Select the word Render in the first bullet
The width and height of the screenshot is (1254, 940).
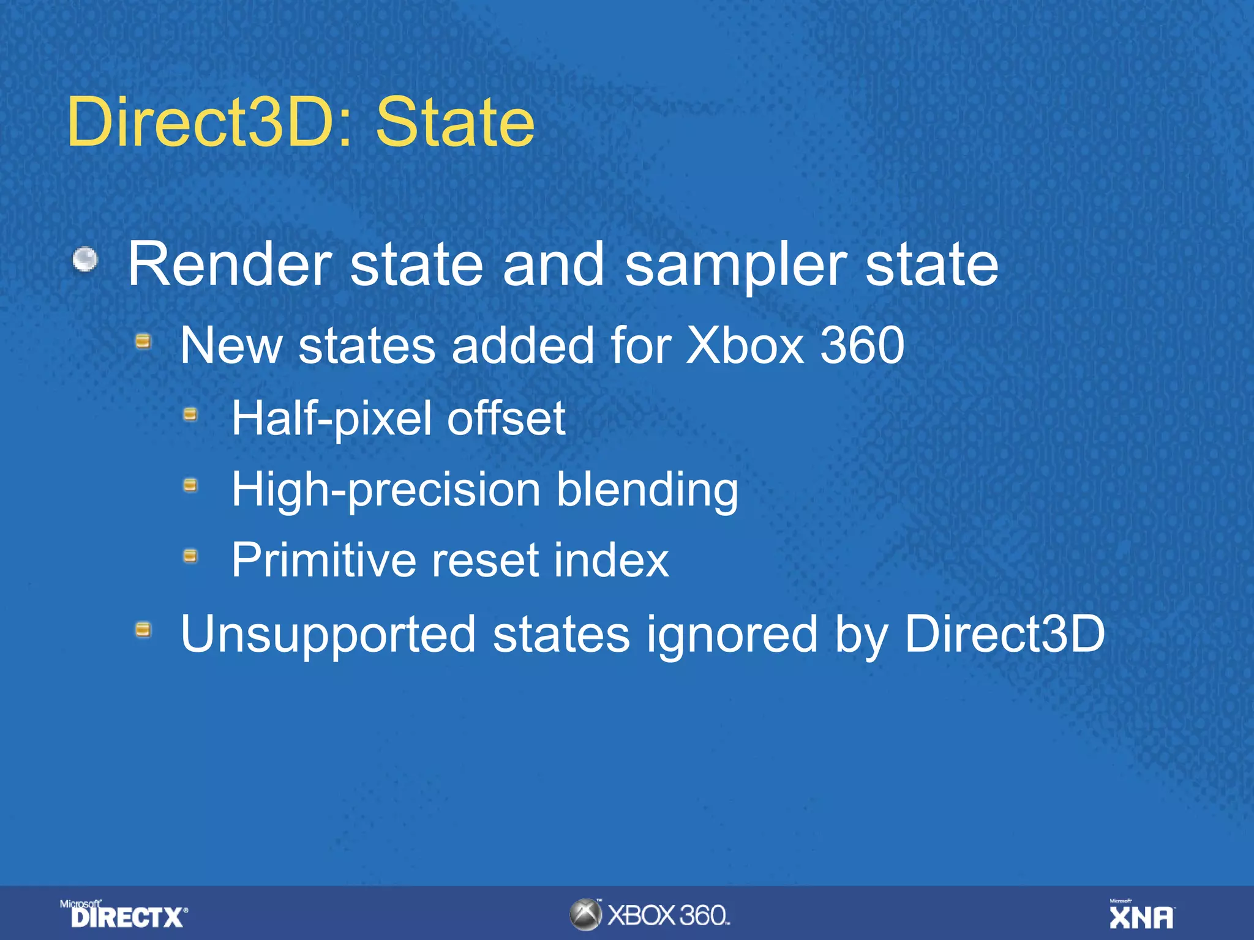pos(230,264)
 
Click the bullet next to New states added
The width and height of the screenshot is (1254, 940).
pos(143,340)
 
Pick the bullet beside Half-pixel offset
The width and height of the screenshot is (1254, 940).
pos(190,415)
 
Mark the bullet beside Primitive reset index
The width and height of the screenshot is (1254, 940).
pos(190,556)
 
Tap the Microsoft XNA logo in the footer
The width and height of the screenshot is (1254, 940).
pos(1141,914)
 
